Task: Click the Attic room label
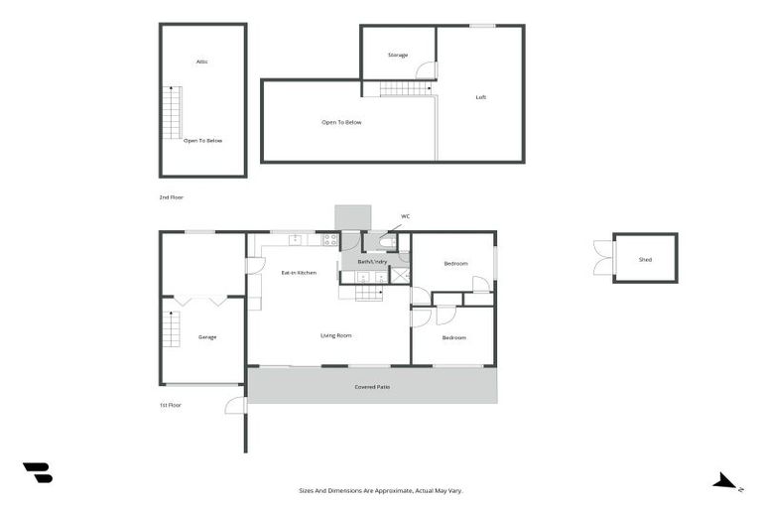pyautogui.click(x=201, y=62)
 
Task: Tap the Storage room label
pyautogui.click(x=398, y=56)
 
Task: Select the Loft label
pyautogui.click(x=480, y=97)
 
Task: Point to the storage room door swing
pyautogui.click(x=428, y=70)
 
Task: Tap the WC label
pyautogui.click(x=405, y=215)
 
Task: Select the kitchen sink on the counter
pyautogui.click(x=295, y=239)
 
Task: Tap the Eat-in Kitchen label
pyautogui.click(x=299, y=272)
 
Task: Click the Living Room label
pyautogui.click(x=335, y=335)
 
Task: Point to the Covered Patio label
pyautogui.click(x=372, y=386)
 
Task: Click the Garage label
pyautogui.click(x=207, y=337)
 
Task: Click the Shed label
pyautogui.click(x=645, y=259)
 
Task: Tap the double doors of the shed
pyautogui.click(x=601, y=258)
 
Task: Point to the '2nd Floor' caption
pyautogui.click(x=171, y=197)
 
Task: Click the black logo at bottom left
pyautogui.click(x=38, y=473)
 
